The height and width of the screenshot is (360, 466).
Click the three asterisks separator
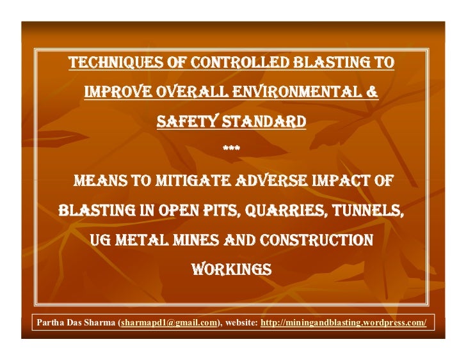coord(232,150)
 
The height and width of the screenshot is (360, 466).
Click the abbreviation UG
coord(103,240)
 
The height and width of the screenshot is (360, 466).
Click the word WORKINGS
coord(232,270)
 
